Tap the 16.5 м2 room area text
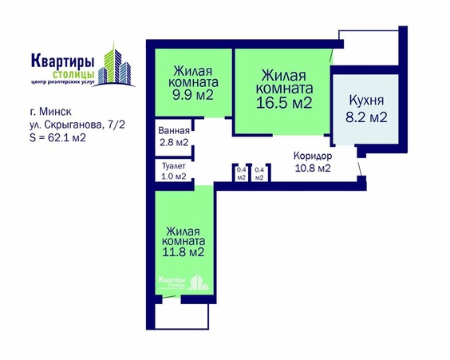click(283, 103)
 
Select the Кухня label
click(367, 101)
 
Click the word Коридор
click(313, 156)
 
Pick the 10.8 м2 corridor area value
click(313, 168)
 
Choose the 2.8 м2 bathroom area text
click(173, 143)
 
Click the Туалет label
click(173, 165)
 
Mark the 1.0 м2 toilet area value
click(173, 176)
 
